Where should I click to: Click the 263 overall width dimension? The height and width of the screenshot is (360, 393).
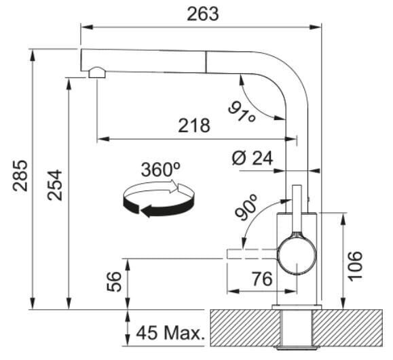click(203, 14)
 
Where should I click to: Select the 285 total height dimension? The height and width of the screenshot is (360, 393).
click(20, 176)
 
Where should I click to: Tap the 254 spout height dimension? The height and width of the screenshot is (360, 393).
click(54, 185)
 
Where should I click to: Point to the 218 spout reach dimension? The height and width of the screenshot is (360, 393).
click(194, 125)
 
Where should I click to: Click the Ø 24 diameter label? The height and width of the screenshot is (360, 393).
click(252, 158)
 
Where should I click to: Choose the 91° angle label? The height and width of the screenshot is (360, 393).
click(242, 111)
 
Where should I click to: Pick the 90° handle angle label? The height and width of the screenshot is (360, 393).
click(246, 207)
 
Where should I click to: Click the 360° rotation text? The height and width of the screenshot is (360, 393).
click(161, 169)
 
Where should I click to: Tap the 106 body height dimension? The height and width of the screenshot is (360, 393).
click(356, 266)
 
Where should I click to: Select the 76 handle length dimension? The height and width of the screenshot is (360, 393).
click(262, 279)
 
